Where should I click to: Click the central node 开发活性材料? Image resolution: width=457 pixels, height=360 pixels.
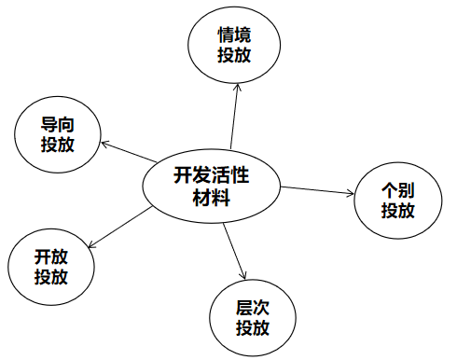[212, 185]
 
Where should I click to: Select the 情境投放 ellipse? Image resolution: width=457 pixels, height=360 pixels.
[234, 45]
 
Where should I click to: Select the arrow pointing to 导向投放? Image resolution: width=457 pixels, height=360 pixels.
[125, 153]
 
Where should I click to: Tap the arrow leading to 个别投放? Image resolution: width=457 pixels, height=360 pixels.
[317, 192]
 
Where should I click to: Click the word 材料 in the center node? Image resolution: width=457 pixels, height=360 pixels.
[211, 197]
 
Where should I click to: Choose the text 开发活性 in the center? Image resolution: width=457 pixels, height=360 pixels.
[212, 173]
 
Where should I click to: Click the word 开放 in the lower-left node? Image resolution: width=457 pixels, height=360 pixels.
[51, 256]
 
